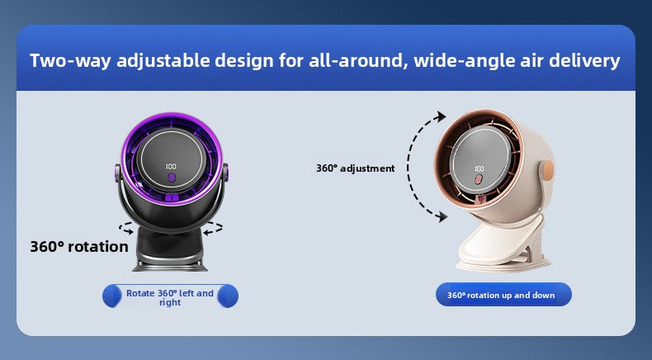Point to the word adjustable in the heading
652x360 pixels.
point(164,61)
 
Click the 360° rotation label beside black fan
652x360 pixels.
point(79,247)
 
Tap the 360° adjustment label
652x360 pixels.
point(355,168)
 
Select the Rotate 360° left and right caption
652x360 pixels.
point(170,297)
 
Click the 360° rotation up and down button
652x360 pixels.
point(503,295)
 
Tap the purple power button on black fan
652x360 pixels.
point(171,178)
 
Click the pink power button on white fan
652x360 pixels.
point(479,180)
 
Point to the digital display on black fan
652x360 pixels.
point(171,167)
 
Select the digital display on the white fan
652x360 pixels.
point(479,168)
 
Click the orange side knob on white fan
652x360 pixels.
point(549,170)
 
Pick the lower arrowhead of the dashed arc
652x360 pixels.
point(442,216)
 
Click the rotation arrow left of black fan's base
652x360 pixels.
point(126,228)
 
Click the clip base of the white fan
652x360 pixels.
point(504,245)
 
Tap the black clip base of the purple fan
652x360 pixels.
point(170,249)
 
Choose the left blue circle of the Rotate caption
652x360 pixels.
point(112,296)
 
